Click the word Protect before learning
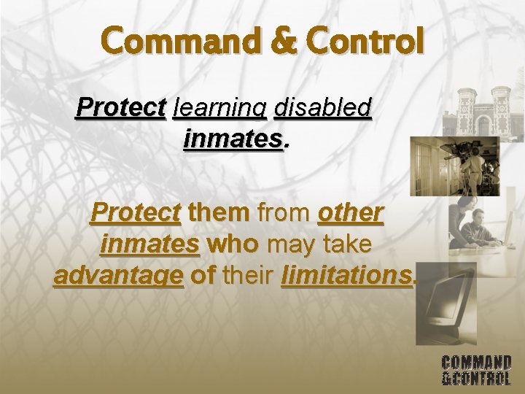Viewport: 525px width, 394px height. point(120,107)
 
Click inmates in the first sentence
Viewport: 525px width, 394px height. point(233,137)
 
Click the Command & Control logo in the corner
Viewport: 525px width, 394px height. point(476,370)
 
